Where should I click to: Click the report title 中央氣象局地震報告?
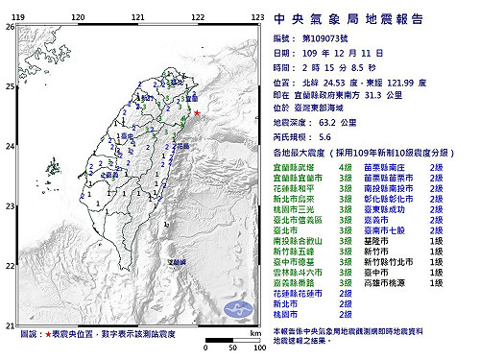(369, 17)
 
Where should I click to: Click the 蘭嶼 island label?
(177, 261)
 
